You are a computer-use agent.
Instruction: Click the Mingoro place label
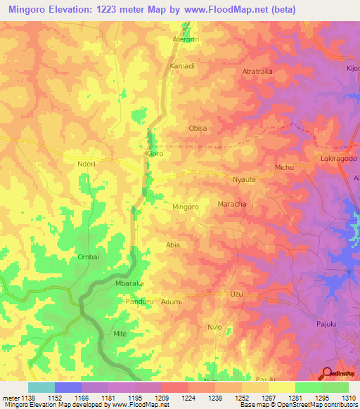click(x=186, y=207)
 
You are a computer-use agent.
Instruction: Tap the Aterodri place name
click(x=186, y=39)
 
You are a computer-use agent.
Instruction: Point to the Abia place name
click(x=172, y=245)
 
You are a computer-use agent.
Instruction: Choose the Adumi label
click(x=171, y=301)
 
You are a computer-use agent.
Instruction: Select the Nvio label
click(x=214, y=327)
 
